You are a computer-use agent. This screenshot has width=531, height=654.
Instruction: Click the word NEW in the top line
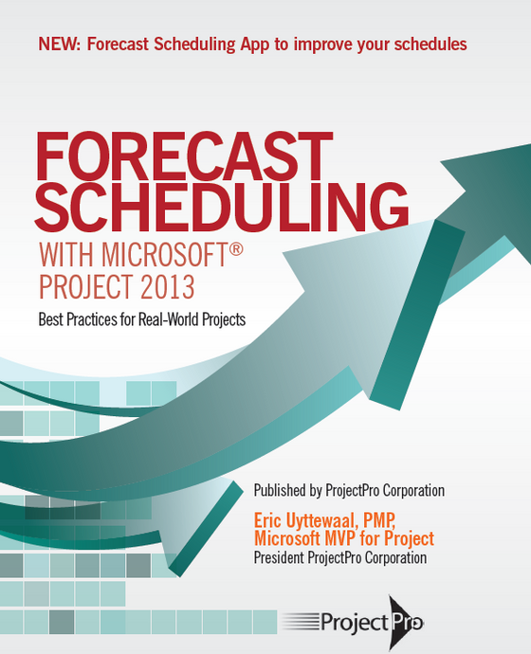coord(59,44)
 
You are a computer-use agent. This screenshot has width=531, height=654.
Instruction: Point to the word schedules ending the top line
coord(431,44)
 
